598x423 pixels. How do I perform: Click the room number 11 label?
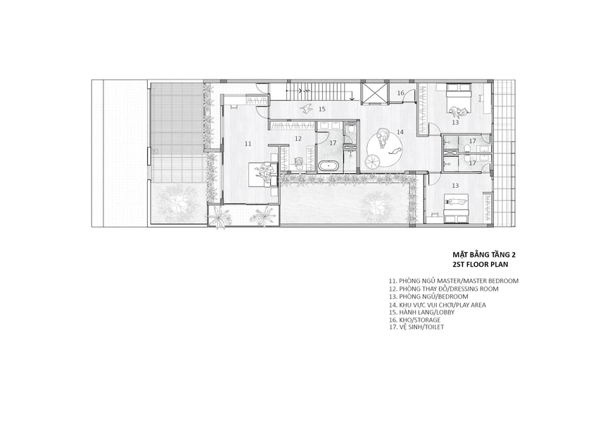click(248, 144)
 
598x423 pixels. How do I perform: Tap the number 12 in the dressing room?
click(298, 139)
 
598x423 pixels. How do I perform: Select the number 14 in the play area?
click(400, 132)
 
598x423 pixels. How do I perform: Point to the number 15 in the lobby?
click(322, 109)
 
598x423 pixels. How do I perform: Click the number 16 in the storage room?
click(400, 93)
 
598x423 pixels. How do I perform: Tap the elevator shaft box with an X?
click(374, 93)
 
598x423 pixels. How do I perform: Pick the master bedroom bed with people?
click(261, 175)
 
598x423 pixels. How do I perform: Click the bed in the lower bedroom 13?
click(456, 207)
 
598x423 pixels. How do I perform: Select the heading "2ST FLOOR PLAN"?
click(480, 264)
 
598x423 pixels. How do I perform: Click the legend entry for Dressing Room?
click(444, 289)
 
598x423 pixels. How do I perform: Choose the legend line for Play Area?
click(438, 305)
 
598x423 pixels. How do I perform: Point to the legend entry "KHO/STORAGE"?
click(414, 320)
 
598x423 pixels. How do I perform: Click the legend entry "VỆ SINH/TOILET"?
click(416, 327)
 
